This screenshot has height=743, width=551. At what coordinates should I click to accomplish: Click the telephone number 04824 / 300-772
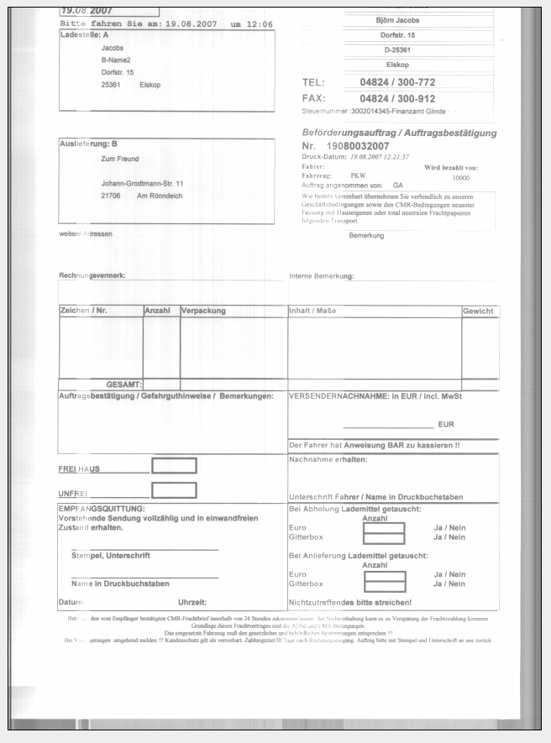[397, 83]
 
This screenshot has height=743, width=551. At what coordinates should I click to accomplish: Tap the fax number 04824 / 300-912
[397, 98]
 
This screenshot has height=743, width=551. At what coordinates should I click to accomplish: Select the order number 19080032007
[365, 147]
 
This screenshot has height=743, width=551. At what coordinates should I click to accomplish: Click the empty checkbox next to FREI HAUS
[174, 465]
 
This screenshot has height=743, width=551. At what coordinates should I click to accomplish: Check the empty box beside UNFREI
[174, 490]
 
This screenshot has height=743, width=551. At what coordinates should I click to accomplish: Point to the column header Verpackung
[203, 311]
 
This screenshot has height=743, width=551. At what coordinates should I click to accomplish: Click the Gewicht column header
[479, 311]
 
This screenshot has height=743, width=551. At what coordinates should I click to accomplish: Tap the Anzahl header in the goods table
[158, 311]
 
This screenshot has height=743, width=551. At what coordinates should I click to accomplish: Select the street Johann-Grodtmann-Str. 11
[142, 183]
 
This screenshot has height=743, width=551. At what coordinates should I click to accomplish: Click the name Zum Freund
[120, 159]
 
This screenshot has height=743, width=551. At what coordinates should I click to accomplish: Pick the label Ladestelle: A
[85, 36]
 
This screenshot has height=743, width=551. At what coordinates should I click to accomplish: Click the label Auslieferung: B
[88, 144]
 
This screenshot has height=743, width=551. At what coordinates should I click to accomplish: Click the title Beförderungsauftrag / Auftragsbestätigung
[399, 133]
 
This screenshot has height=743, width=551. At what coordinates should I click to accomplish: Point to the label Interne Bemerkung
[322, 275]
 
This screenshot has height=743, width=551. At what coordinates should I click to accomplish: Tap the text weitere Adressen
[86, 233]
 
